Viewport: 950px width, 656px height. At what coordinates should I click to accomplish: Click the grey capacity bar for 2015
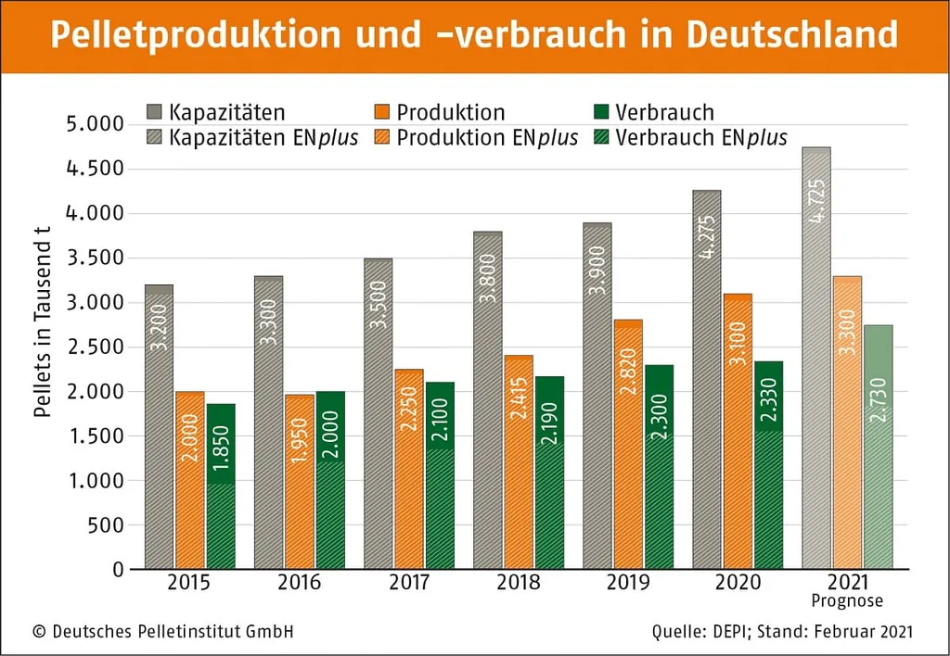tap(160, 426)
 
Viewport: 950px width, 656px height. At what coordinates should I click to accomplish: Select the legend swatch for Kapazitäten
tap(156, 113)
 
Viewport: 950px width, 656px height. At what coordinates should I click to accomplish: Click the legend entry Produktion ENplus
tap(486, 138)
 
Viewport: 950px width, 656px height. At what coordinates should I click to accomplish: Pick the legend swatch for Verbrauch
tap(600, 113)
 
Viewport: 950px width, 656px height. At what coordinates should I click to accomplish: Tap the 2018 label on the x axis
tap(519, 583)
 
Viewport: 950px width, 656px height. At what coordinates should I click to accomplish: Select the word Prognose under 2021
tap(848, 600)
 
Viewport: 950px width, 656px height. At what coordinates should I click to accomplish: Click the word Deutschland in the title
tap(792, 35)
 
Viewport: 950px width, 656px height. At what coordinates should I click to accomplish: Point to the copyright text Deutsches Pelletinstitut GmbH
tap(173, 632)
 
